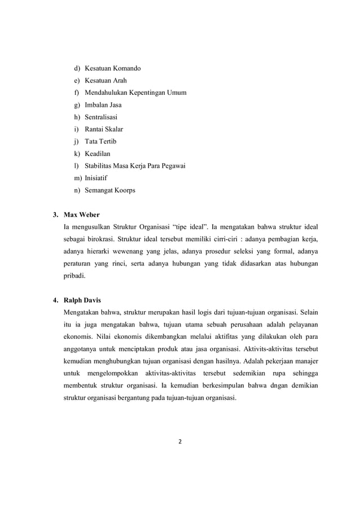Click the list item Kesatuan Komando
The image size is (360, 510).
(112, 68)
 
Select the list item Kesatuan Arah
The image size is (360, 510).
(106, 81)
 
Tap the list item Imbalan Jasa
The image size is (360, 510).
(103, 105)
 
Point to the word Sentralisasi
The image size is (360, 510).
(102, 117)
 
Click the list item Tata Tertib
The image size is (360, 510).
(100, 141)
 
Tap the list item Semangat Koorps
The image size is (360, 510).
(109, 190)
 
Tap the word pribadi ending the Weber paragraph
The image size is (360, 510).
(74, 277)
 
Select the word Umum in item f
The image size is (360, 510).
(175, 93)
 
